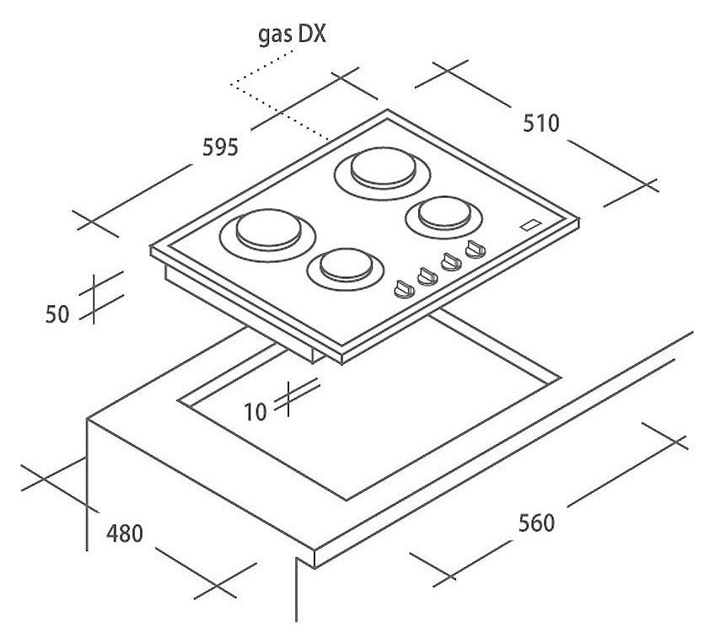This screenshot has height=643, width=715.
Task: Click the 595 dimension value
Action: click(221, 147)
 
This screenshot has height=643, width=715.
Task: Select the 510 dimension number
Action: click(540, 124)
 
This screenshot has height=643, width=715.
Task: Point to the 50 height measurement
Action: click(56, 313)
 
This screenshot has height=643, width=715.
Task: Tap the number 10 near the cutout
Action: click(255, 412)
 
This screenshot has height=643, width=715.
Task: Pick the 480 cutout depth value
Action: click(125, 533)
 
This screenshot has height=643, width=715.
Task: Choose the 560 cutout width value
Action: click(536, 522)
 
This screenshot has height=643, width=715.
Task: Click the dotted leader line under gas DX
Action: click(278, 105)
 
